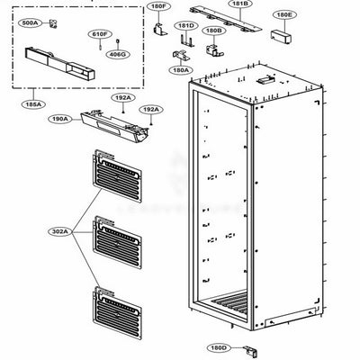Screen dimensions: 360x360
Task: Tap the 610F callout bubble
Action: point(100,34)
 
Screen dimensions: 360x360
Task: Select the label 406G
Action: point(118,55)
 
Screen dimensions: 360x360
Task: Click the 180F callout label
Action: point(159,8)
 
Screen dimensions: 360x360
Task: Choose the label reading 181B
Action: point(239,4)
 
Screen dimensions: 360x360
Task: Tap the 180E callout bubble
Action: point(284,16)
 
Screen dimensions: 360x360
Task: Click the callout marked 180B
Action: point(213,31)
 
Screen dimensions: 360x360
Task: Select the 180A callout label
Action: point(180,70)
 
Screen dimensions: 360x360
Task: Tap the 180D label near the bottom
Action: point(218,346)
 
